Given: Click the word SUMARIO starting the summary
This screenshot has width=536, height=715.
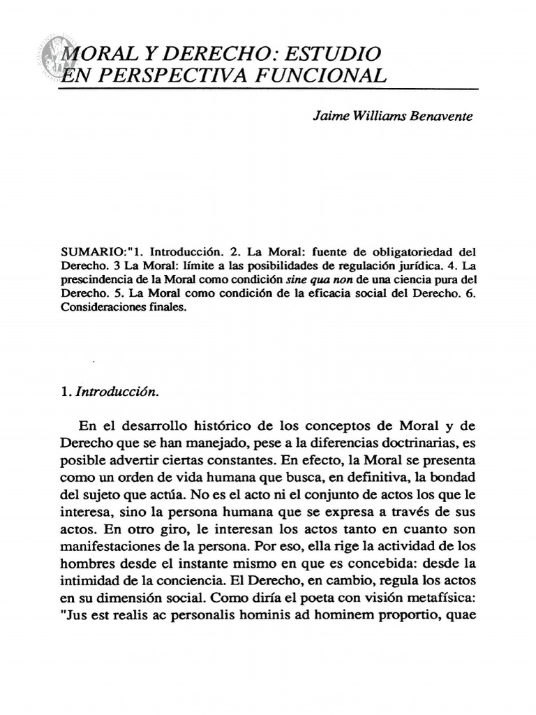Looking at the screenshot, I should [x=88, y=250].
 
